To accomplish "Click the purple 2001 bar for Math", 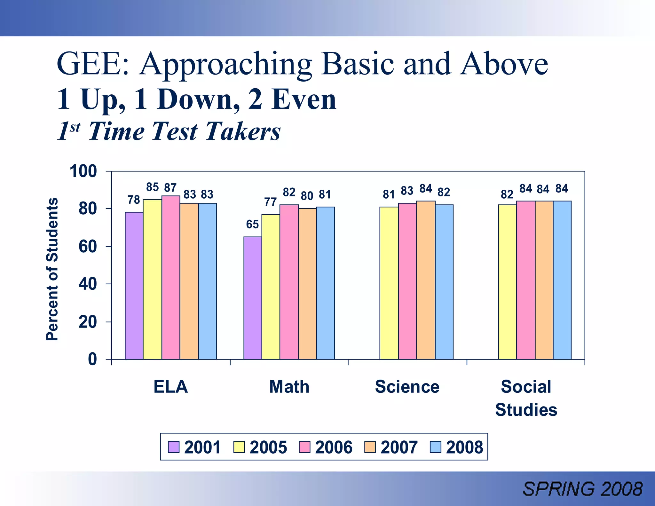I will coord(253,298).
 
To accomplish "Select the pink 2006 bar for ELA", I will coord(170,277).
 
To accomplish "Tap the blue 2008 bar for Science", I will coord(444,282).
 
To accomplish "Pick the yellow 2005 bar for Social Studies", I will coord(507,282).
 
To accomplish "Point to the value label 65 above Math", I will coord(252,225).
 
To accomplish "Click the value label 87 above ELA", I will coord(170,187).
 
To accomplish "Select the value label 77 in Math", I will coord(270,202).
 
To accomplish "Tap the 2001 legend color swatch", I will coord(174,447).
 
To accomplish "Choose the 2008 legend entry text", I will coord(464,447).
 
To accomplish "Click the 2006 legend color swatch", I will coord(304,447).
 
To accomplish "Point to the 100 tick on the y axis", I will coord(83,171).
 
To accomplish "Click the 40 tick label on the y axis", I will coord(87,284).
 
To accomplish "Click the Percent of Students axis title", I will coord(52,269).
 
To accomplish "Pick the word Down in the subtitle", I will coord(198,99).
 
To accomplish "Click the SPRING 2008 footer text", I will coord(582,489).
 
